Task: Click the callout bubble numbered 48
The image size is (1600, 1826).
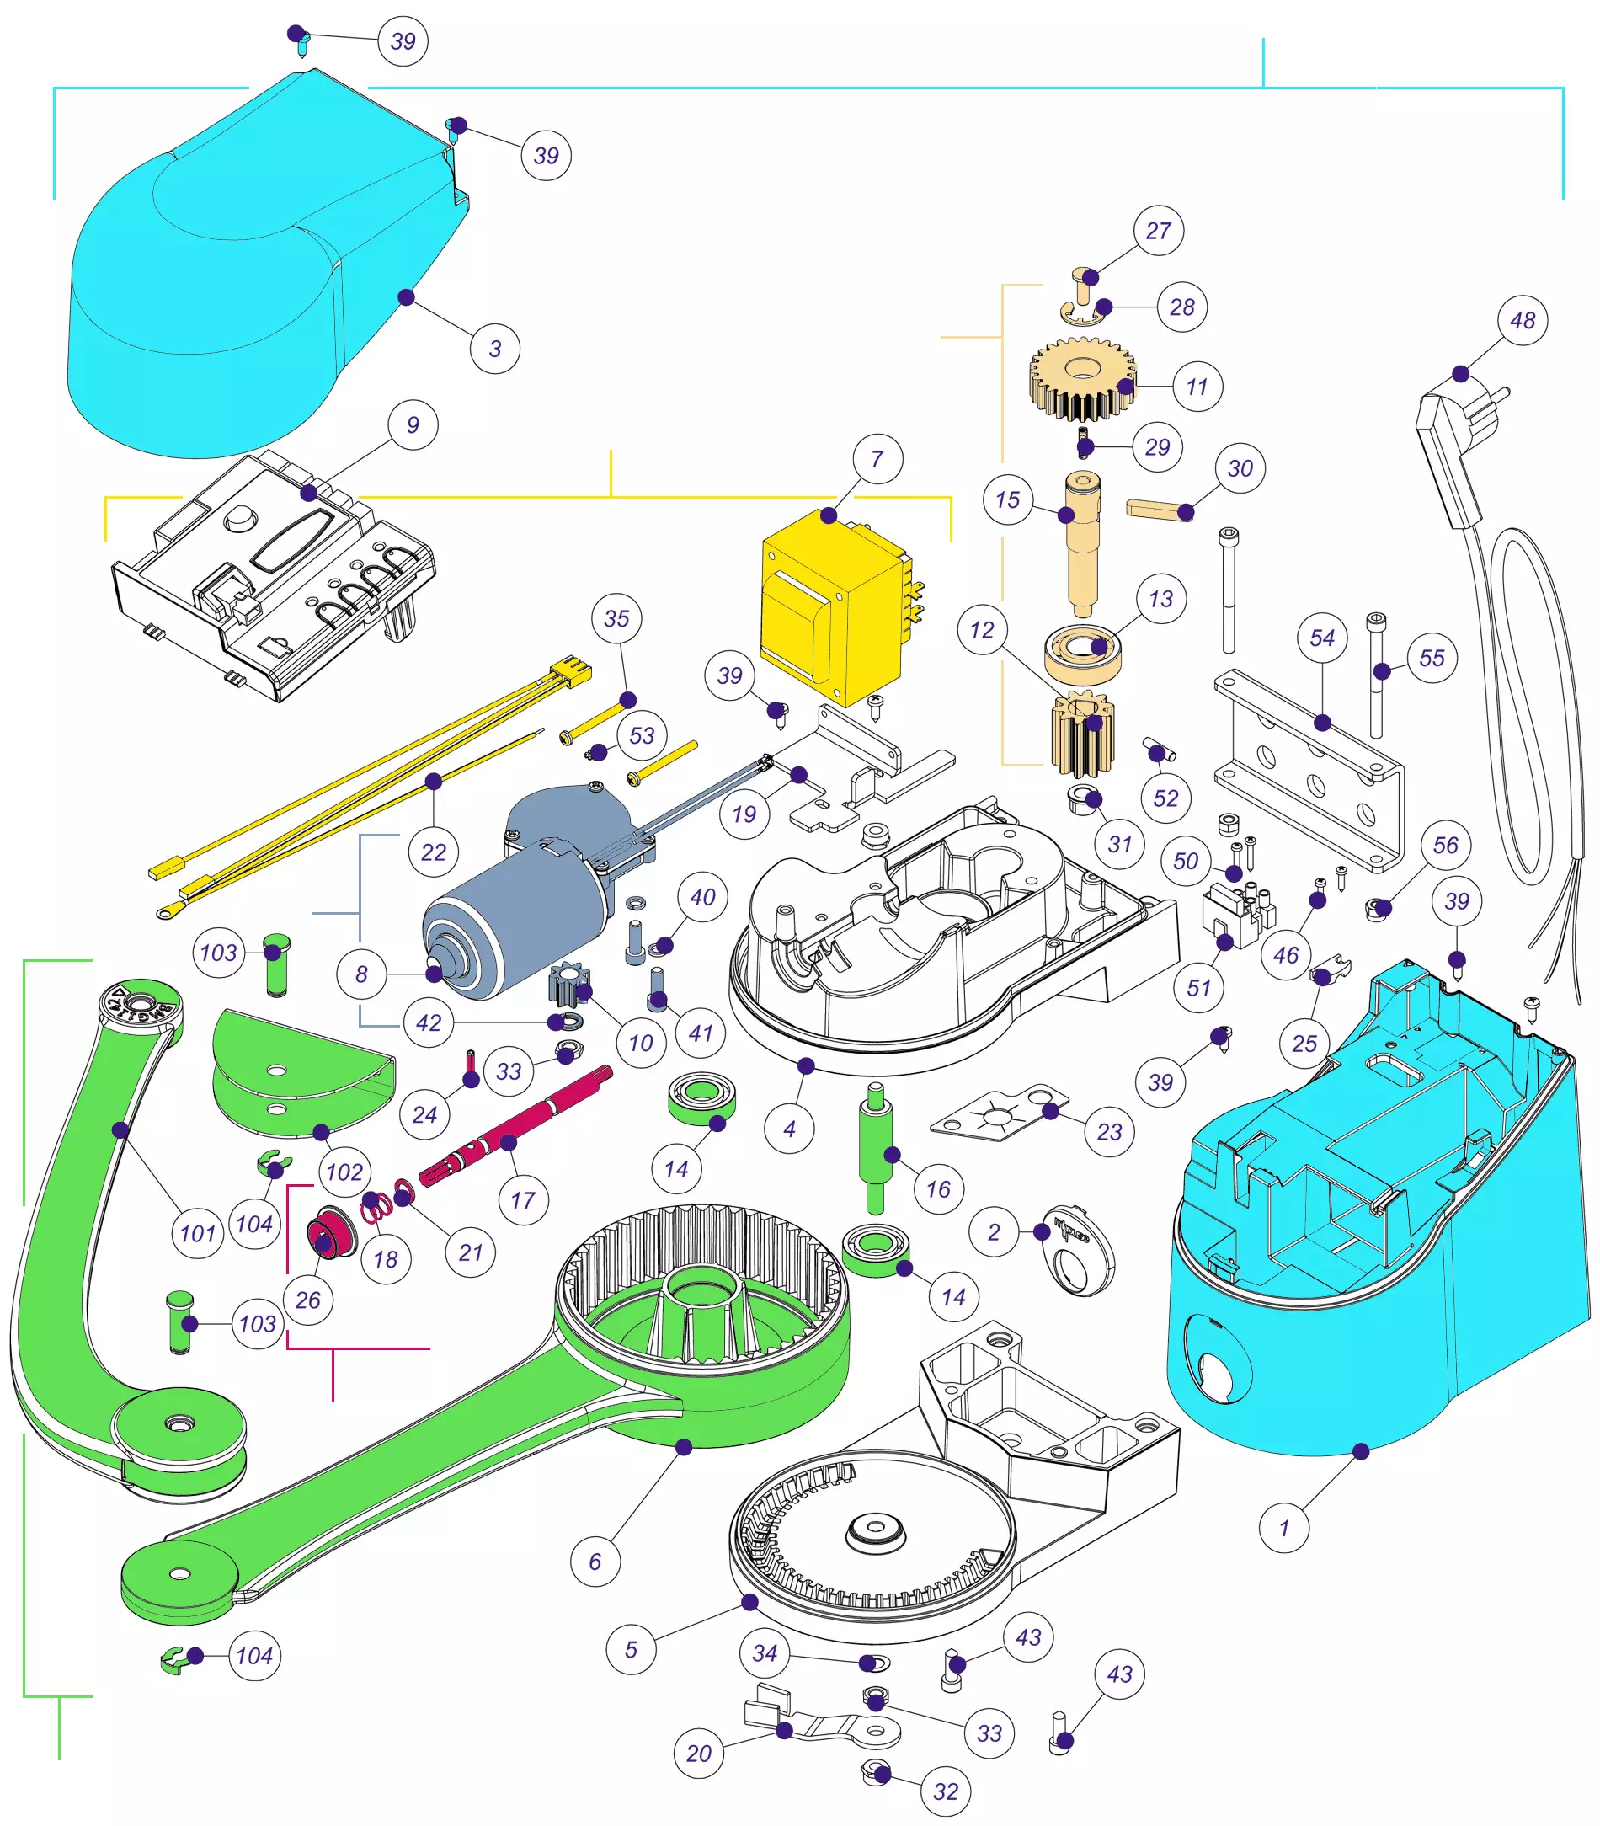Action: pos(1523,320)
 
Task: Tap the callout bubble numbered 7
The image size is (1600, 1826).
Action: pos(877,459)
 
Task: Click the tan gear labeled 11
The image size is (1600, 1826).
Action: pos(1082,380)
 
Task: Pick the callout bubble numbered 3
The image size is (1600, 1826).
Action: pos(494,348)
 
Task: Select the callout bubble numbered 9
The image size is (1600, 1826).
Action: pos(413,425)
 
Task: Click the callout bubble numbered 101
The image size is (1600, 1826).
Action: pos(197,1233)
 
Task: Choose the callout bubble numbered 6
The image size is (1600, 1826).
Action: pos(595,1562)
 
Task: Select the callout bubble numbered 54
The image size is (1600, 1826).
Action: pos(1321,638)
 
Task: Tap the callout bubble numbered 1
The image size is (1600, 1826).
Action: pos(1283,1528)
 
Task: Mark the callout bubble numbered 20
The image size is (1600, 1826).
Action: pos(698,1753)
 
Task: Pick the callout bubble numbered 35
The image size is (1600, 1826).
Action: pos(616,618)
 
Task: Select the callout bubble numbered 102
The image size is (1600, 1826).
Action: pos(344,1172)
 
